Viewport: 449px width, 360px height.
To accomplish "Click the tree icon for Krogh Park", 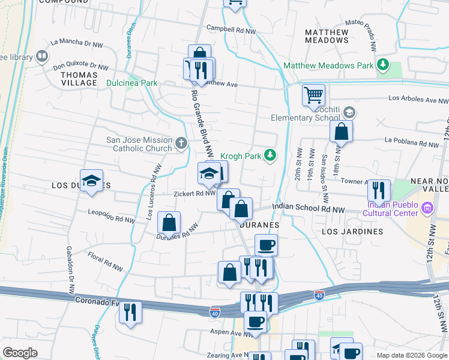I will [271, 156].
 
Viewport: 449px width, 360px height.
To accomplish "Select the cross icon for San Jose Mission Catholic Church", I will [182, 144].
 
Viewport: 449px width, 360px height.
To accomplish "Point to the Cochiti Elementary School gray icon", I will [351, 112].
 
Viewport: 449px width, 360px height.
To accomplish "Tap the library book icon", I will [42, 57].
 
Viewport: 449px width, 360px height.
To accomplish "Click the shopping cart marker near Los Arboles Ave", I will [313, 94].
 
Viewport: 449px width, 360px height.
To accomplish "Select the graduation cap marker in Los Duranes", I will [91, 181].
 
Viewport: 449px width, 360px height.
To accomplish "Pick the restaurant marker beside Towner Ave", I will [379, 190].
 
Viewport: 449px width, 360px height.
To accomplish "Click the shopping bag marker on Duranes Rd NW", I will [169, 222].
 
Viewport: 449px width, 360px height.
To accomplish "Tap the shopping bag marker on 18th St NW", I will [341, 131].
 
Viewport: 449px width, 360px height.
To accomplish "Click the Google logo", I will [20, 353].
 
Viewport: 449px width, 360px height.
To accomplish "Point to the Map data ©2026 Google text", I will [412, 355].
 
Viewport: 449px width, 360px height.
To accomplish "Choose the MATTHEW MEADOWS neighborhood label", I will [327, 36].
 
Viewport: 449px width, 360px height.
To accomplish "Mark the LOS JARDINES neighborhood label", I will [352, 231].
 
